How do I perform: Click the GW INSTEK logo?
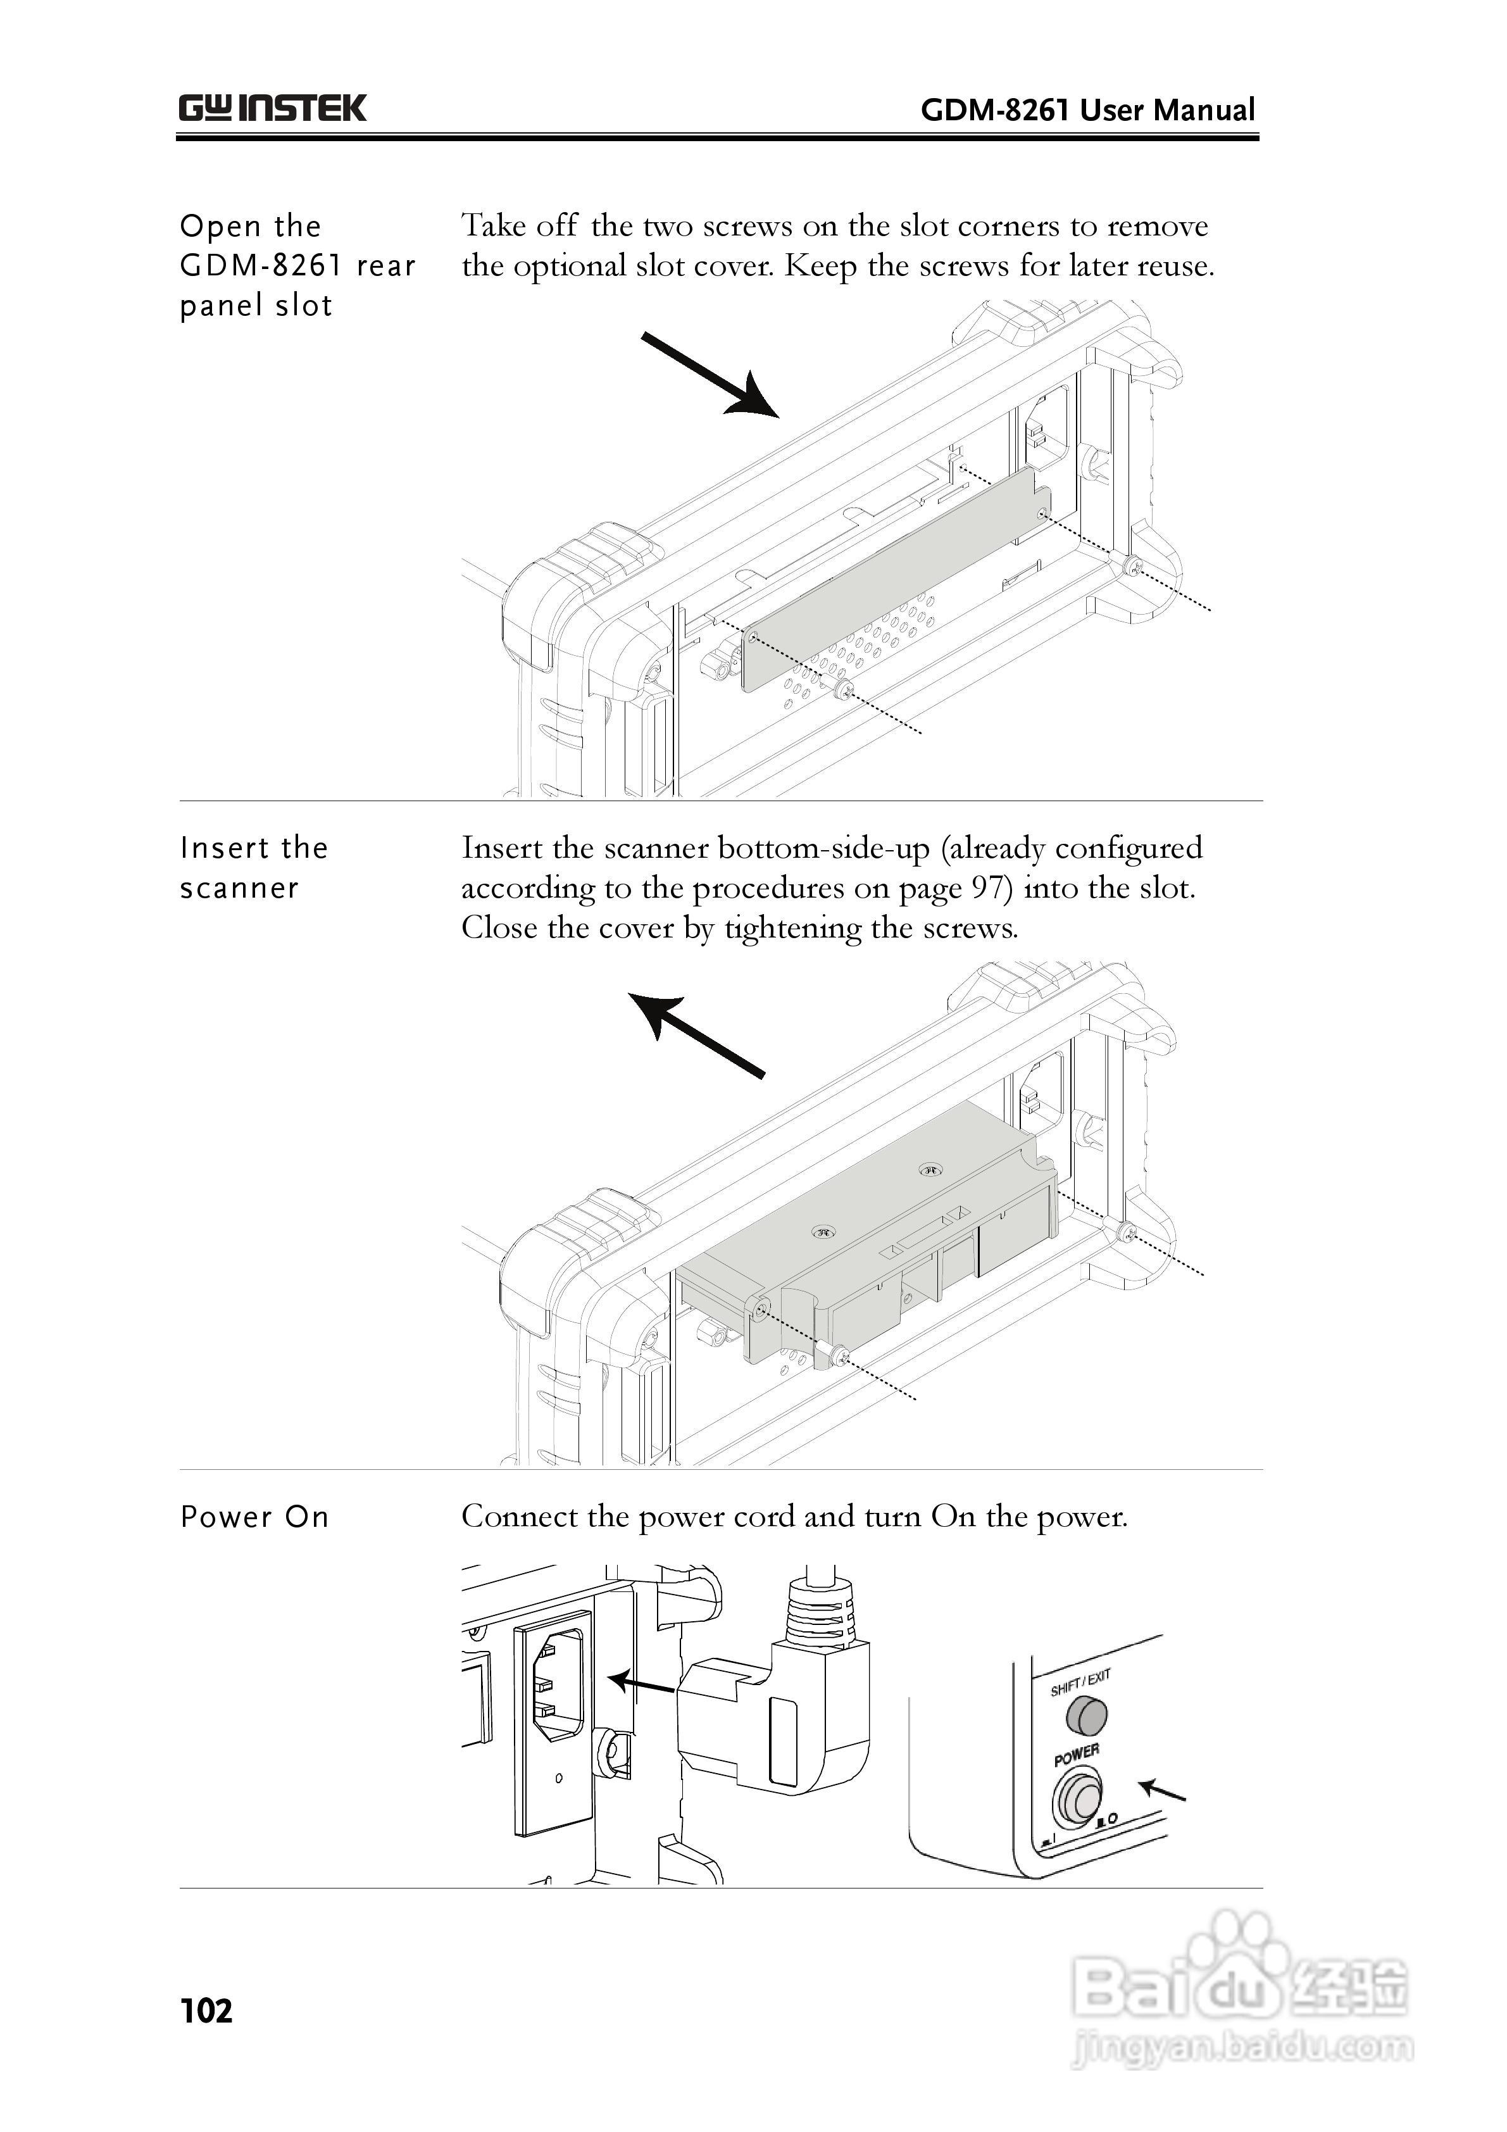point(272,109)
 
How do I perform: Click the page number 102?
point(206,2010)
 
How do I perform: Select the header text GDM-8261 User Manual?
point(1087,111)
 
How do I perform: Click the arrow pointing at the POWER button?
point(1163,1788)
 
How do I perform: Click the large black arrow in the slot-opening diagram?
point(710,377)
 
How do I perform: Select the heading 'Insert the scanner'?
point(254,867)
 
